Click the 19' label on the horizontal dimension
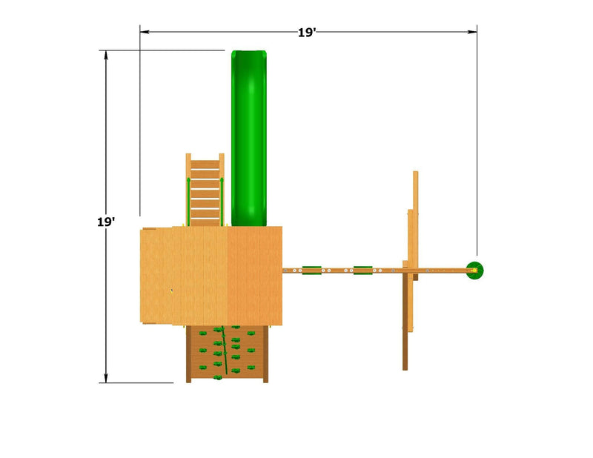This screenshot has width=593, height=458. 306,33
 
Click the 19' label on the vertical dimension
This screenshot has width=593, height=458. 106,222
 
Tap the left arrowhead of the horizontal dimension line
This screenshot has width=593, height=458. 145,32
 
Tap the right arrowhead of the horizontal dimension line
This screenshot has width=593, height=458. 472,32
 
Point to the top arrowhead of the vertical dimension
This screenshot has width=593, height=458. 106,56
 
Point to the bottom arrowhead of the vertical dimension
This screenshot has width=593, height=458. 106,378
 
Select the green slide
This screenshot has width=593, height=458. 249,138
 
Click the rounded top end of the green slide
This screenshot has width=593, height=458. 249,53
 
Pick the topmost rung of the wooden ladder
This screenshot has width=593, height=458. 205,164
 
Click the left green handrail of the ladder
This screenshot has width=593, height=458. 188,201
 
